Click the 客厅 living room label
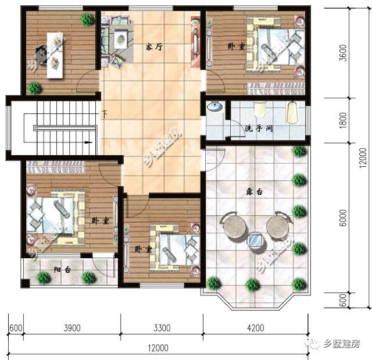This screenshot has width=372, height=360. [x=153, y=48]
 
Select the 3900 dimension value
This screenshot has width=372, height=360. [x=72, y=328]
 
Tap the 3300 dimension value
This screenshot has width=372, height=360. [x=162, y=328]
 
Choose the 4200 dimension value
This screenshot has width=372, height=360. [x=256, y=328]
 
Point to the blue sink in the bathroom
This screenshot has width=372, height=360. [x=215, y=107]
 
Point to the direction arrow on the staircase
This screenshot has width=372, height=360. [x=87, y=141]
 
